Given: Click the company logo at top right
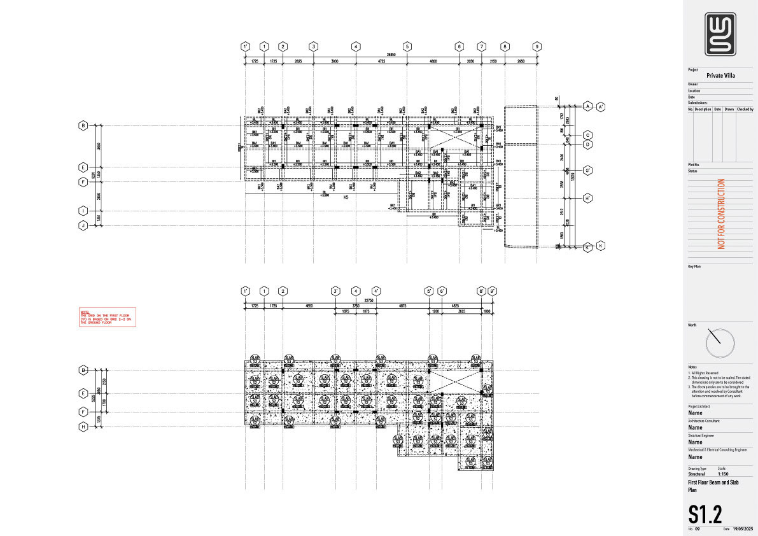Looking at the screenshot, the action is pos(720,34).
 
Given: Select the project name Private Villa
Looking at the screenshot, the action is pos(720,76).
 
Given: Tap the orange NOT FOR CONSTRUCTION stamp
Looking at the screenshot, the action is pos(721,213).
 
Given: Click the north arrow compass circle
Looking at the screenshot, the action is pos(720,343).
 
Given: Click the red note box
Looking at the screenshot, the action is pos(105,318).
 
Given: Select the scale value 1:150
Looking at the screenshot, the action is pos(723,474).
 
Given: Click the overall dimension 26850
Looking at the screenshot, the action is pos(388,55).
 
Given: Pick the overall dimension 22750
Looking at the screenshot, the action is pos(368,300).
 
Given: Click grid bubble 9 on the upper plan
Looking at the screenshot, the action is pos(537,46).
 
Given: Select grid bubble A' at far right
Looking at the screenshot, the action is pos(601,106).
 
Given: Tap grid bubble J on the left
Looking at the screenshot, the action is pos(83,225).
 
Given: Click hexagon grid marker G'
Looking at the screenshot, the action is pos(588,170).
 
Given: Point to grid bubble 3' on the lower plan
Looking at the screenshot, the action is pos(335,292).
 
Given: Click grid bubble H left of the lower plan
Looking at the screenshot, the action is pos(83,427).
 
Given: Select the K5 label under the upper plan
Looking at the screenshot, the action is pos(346,198).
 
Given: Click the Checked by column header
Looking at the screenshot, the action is pos(745,109).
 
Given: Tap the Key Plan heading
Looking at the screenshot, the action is pos(694,267).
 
